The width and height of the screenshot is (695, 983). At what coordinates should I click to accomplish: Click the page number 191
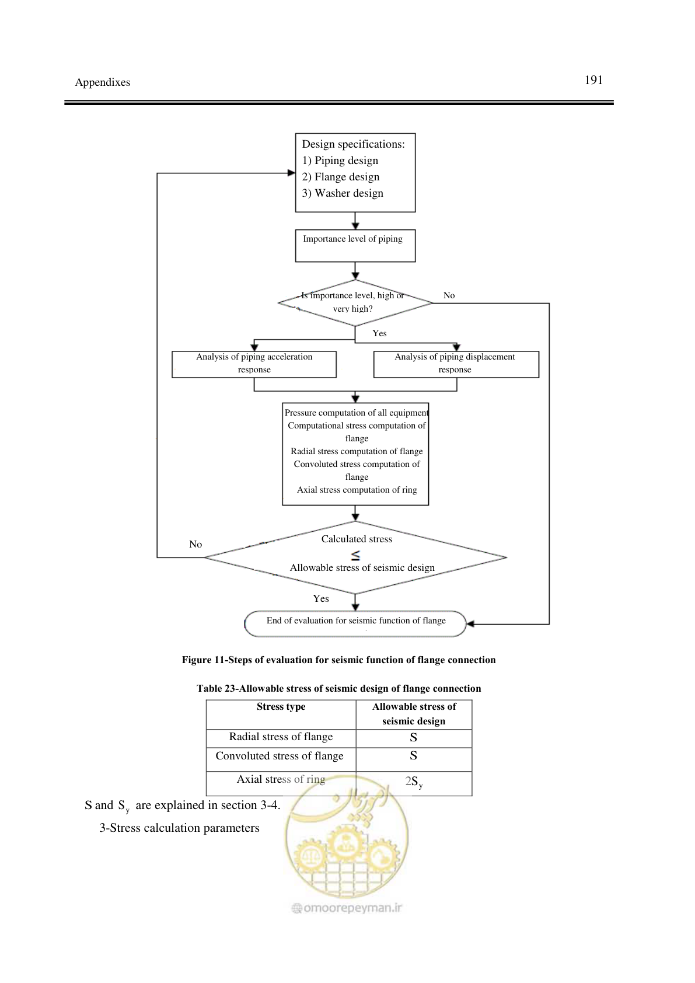click(593, 80)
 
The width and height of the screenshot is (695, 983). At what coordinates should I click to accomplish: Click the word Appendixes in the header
click(103, 82)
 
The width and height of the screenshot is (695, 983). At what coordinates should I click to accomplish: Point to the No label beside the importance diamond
click(449, 295)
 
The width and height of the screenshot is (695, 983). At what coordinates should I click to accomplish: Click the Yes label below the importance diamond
click(379, 333)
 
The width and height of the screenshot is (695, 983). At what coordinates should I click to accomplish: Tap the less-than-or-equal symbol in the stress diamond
click(355, 556)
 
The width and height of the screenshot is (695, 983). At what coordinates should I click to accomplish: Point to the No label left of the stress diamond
click(195, 544)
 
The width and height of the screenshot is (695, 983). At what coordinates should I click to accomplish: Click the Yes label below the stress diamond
click(321, 598)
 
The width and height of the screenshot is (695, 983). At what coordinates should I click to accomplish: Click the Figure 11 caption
click(338, 660)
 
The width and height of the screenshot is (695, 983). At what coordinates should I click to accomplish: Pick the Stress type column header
click(281, 706)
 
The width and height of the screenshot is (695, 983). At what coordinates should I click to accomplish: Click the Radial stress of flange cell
click(281, 737)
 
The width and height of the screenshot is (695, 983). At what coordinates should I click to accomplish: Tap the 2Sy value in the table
click(414, 782)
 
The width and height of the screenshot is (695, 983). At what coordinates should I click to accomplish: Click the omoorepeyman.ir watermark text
click(347, 908)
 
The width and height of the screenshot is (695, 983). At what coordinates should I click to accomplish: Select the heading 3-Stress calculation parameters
click(180, 828)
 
